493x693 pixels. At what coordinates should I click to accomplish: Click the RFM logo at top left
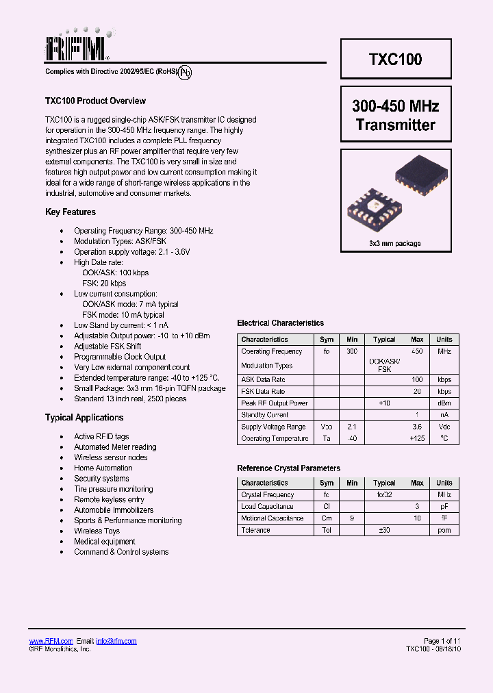[x=77, y=47]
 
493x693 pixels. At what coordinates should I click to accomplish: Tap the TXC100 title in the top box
[x=396, y=59]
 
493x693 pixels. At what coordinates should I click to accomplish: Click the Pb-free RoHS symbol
[x=185, y=73]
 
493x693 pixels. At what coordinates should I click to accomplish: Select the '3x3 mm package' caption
[x=395, y=244]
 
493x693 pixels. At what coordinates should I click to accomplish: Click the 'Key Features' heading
[x=71, y=212]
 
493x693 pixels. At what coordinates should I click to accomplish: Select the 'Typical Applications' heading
[x=84, y=418]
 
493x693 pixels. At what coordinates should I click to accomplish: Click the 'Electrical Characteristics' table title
[x=280, y=323]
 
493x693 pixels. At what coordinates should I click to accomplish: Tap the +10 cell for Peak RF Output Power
[x=384, y=403]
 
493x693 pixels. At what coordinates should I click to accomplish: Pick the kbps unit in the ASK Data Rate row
[x=444, y=379]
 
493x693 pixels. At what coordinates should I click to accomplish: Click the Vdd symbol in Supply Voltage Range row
[x=327, y=427]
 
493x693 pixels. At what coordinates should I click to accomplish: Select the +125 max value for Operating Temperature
[x=417, y=438]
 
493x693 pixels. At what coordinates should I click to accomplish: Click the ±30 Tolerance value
[x=384, y=530]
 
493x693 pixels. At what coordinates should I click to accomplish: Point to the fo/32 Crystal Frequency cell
[x=384, y=494]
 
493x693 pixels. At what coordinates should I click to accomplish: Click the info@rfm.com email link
[x=116, y=641]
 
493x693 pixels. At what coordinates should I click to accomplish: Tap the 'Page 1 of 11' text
[x=442, y=641]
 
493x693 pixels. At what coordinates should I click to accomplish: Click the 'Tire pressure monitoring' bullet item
[x=114, y=489]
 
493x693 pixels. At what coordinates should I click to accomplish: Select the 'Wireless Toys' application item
[x=97, y=531]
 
